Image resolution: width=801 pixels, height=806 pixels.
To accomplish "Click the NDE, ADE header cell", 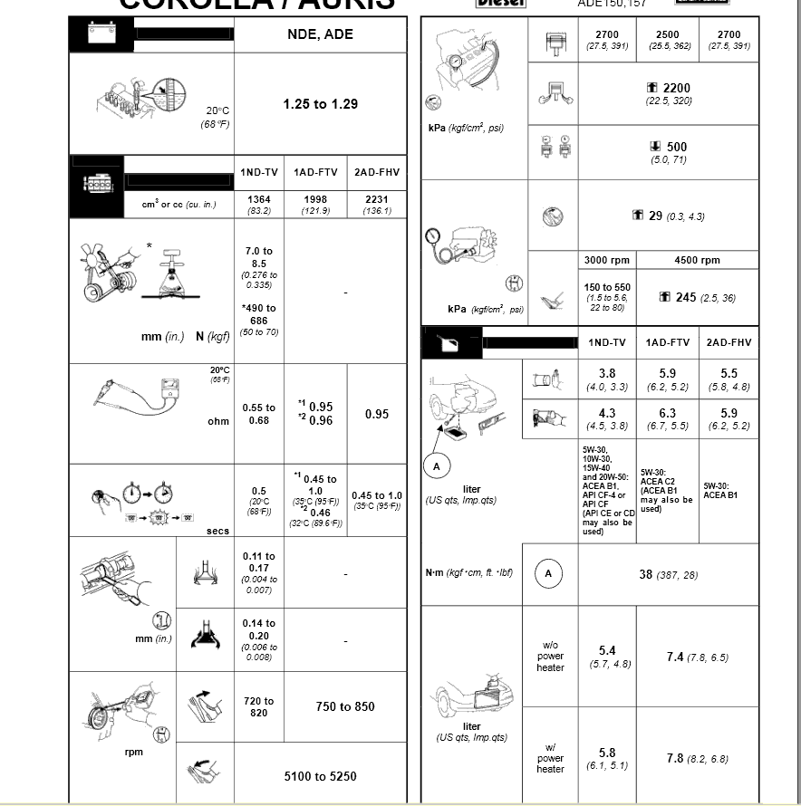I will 320,34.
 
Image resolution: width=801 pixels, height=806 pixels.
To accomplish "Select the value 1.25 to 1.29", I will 320,104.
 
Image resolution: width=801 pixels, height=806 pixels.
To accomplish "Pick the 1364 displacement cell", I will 258,204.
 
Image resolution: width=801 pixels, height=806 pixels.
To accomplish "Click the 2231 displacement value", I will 376,204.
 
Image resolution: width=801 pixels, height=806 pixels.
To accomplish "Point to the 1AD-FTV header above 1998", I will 315,172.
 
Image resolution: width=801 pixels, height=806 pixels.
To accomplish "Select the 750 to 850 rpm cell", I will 344,706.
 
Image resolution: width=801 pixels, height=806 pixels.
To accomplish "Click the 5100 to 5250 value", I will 320,776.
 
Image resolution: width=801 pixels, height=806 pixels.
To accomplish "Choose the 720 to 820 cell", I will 258,706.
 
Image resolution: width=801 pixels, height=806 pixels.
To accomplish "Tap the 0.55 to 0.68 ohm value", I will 258,414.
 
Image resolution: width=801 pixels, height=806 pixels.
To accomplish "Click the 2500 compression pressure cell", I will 669,40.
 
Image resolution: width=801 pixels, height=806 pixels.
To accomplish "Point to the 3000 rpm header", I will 606,260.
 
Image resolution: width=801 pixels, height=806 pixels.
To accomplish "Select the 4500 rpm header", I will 697,260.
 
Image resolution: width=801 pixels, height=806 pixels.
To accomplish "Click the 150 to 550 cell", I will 606,297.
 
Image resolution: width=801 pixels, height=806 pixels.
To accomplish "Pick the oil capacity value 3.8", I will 606,379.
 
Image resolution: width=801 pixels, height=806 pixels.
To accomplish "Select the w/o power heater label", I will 550,657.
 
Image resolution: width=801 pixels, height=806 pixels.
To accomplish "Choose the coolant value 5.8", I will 606,758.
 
